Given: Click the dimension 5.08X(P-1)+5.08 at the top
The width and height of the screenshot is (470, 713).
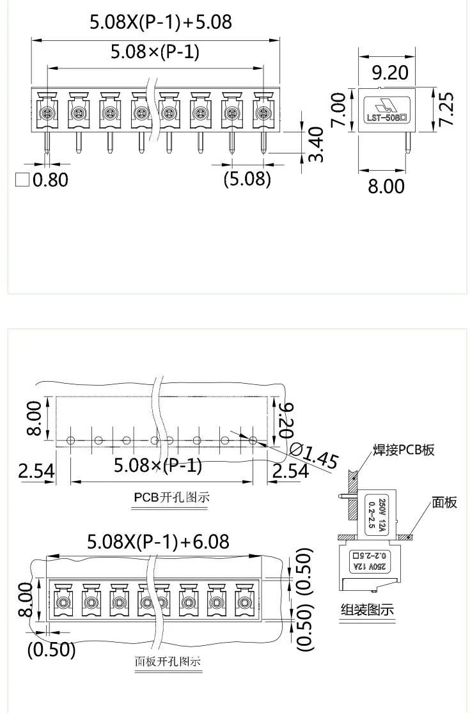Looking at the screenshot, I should tap(159, 22).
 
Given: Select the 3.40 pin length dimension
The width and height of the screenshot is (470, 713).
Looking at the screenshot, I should tap(316, 144).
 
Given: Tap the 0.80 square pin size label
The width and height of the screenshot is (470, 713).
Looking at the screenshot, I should tap(42, 180).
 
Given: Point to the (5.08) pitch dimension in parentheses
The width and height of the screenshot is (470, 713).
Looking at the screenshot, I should tap(247, 178).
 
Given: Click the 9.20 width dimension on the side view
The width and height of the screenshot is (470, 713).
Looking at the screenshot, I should tap(389, 72).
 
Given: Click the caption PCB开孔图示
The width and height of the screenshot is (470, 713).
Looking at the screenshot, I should tap(171, 497).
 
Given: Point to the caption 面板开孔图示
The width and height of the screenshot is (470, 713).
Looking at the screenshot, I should tap(168, 661).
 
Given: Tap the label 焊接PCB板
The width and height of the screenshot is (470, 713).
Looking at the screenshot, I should tap(403, 450).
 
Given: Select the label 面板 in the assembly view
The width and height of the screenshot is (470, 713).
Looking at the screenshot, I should tap(444, 503).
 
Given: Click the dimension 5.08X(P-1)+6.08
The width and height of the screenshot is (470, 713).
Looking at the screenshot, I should tap(157, 542).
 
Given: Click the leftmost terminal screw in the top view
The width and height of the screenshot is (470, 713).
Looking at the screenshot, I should tap(46, 114).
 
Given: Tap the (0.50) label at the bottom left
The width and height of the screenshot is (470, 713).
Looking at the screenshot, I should tap(51, 650).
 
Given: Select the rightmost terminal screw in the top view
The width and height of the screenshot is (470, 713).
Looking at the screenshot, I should tap(262, 114).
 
